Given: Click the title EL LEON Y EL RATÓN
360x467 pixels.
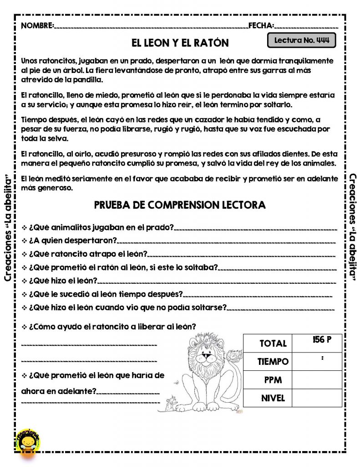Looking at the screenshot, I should tap(180, 43).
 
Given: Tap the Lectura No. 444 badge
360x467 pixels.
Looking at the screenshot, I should tap(302, 40).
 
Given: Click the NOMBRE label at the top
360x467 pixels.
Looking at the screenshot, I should tap(37, 26).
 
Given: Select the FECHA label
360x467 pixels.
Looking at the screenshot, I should tap(261, 26).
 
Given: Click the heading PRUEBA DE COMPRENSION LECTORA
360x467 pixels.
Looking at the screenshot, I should tap(180, 205).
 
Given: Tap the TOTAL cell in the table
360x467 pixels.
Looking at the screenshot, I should tap(273, 343).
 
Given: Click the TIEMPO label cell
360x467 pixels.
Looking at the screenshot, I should tap(273, 362).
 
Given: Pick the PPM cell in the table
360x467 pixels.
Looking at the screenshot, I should tap(273, 380).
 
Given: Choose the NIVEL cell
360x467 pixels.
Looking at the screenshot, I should tap(273, 398).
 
